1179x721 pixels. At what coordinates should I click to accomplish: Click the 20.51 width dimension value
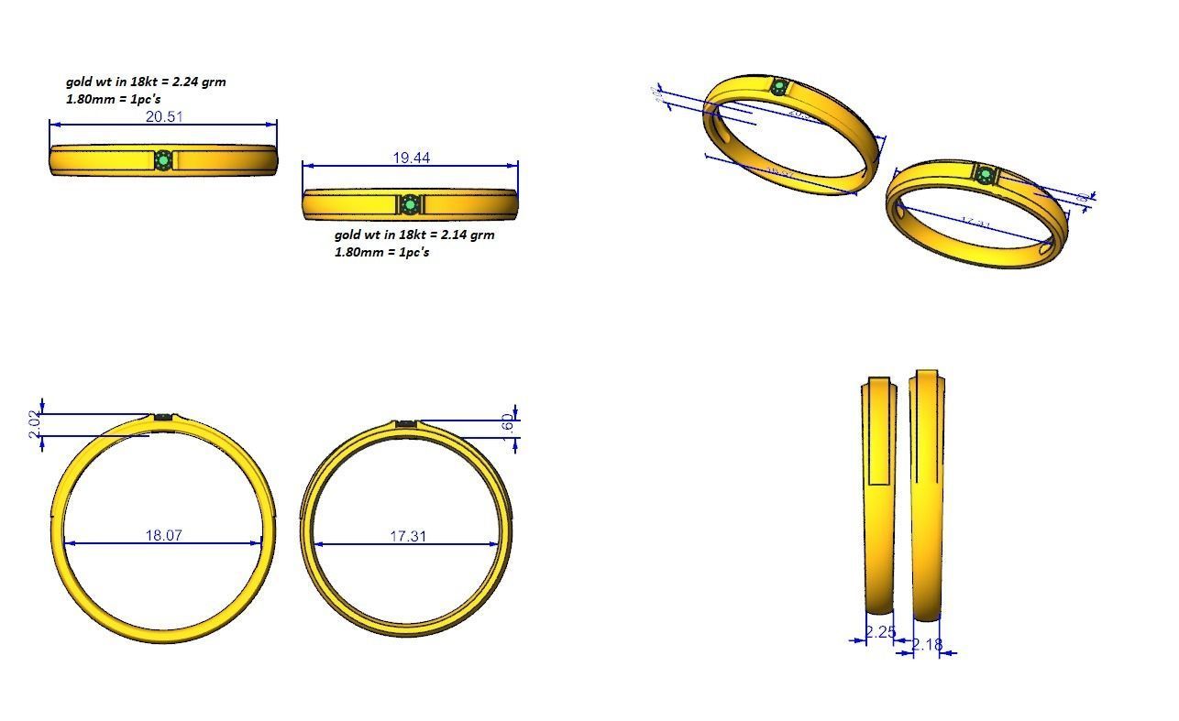point(163,116)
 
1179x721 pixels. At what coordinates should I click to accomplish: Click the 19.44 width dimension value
point(411,158)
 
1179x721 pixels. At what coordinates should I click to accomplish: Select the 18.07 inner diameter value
point(163,535)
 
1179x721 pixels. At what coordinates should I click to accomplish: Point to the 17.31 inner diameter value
point(408,535)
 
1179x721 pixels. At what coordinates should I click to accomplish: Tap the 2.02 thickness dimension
point(35,424)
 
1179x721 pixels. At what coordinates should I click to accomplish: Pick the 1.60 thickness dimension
point(510,426)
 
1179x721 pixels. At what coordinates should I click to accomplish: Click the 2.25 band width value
point(880,631)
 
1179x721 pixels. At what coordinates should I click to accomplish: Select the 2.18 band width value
point(927,645)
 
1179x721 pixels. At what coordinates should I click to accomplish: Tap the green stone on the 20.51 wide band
point(163,160)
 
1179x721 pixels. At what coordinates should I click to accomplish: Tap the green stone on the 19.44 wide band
point(409,203)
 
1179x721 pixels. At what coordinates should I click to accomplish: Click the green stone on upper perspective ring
point(779,88)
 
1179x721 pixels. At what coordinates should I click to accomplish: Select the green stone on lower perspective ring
point(985,174)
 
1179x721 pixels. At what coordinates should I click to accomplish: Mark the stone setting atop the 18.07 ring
point(164,418)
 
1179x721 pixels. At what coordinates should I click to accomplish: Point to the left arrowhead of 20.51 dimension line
point(53,125)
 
